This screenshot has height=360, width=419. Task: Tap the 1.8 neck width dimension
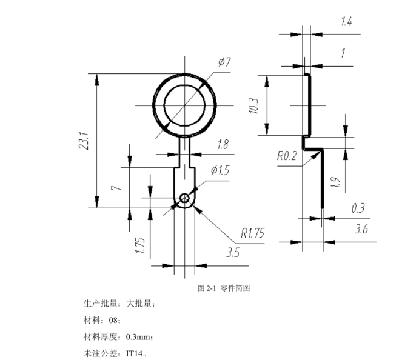pos(223,145)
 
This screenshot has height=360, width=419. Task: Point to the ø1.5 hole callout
pos(220,171)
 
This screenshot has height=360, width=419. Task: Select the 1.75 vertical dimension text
pos(140,245)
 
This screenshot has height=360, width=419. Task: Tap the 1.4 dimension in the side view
pos(346,22)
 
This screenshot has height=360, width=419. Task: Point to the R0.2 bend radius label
pos(287,156)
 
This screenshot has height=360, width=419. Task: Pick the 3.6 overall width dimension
pos(361,229)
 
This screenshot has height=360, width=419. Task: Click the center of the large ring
pos(185,104)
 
